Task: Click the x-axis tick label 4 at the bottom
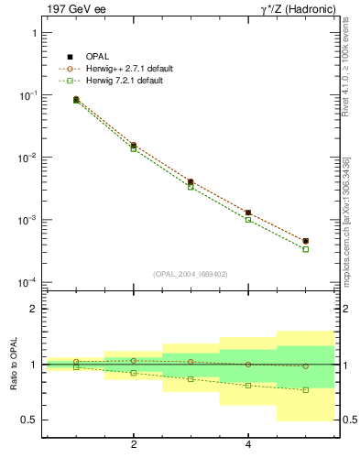pyautogui.click(x=248, y=445)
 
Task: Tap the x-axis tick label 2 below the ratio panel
pyautogui.click(x=134, y=445)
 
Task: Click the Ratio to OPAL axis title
pyautogui.click(x=12, y=365)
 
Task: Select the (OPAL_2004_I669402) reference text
pyautogui.click(x=190, y=273)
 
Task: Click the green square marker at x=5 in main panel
pyautogui.click(x=305, y=249)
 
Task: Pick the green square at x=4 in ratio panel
pyautogui.click(x=248, y=386)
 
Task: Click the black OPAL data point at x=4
pyautogui.click(x=248, y=213)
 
